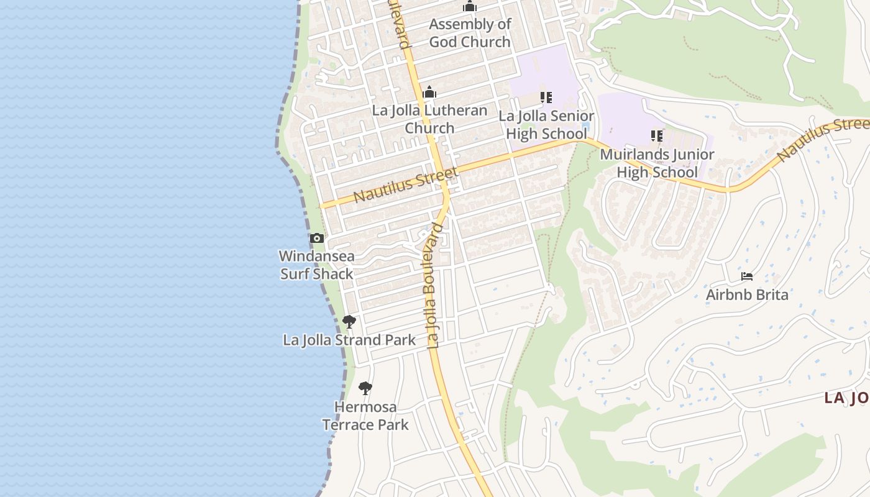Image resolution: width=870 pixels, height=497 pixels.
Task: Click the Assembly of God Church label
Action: [x=470, y=33]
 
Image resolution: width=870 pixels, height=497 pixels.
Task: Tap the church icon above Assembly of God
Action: [x=470, y=7]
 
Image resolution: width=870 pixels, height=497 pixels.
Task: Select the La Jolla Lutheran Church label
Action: [x=429, y=119]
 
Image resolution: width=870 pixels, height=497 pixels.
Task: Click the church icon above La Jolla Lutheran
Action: [x=429, y=93]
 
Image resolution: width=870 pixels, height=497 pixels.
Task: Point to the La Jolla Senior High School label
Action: [x=546, y=125]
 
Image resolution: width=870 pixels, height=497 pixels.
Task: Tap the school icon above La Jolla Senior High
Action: [x=546, y=98]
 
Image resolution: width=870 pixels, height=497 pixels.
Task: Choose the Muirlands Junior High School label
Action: [x=657, y=163]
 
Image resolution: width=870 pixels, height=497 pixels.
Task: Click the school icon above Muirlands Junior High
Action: [x=657, y=135]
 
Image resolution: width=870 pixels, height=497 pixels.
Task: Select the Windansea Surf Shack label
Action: [x=317, y=265]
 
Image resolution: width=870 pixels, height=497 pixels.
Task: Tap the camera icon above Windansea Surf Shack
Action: [x=317, y=238]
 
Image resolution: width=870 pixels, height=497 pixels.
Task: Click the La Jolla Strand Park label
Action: [x=349, y=340]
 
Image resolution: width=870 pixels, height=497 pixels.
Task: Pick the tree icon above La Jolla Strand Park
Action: [x=349, y=322]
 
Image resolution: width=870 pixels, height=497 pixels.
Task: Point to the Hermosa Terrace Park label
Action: [x=365, y=416]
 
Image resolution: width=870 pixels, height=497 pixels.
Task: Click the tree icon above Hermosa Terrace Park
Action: [x=365, y=389]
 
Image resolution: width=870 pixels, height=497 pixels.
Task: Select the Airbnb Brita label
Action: [x=747, y=294]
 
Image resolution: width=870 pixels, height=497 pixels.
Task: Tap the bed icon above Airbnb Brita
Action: [x=747, y=276]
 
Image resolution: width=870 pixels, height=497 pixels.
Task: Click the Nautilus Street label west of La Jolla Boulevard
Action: [x=406, y=185]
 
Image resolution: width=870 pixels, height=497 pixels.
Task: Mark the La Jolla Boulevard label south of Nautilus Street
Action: [x=435, y=286]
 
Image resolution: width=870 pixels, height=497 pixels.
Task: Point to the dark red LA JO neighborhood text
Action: [x=846, y=398]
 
